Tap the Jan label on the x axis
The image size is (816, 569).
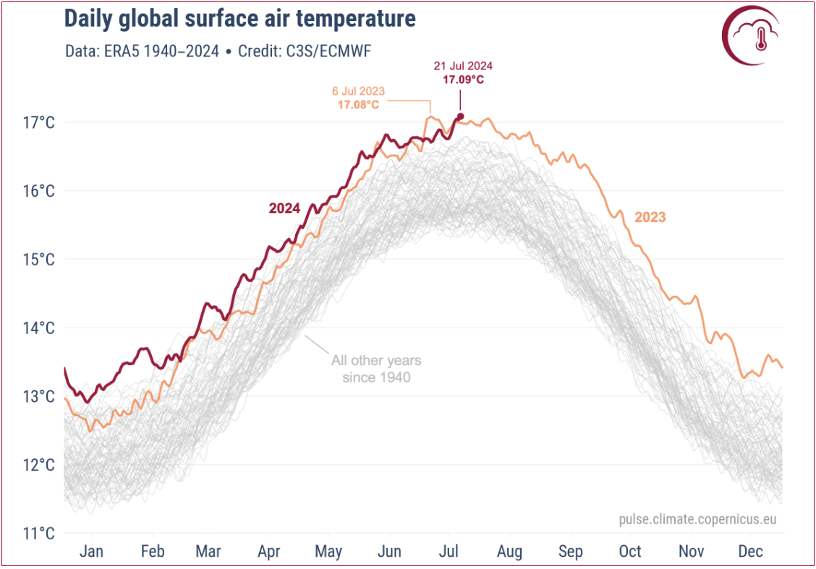(91, 552)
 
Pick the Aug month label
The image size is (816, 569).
(509, 552)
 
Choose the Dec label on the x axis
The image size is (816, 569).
(751, 552)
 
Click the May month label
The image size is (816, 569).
(328, 552)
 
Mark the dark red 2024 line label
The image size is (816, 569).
(284, 208)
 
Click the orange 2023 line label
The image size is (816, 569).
(650, 217)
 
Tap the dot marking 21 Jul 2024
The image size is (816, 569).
(460, 116)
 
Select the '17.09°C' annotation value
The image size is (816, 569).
(463, 79)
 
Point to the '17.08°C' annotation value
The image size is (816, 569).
(358, 105)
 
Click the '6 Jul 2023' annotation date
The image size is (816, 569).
(358, 92)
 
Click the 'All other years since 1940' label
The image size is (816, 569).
(376, 368)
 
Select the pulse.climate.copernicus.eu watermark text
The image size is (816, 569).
(697, 520)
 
